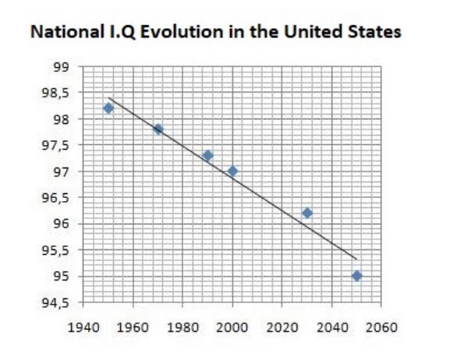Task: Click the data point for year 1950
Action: tap(108, 108)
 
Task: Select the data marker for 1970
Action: tap(158, 129)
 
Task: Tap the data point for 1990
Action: tap(207, 155)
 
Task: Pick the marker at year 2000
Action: tap(232, 171)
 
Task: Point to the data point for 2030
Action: tap(307, 213)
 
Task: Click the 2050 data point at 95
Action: tap(356, 276)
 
